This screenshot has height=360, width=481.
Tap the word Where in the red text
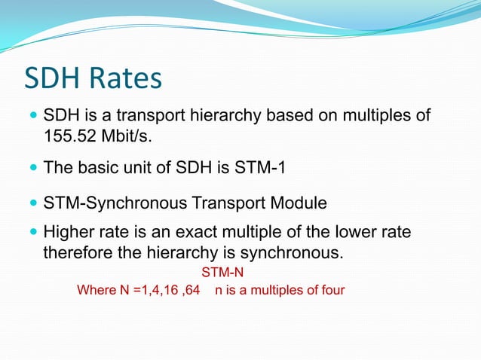tap(95, 289)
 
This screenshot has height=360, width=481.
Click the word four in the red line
tap(331, 289)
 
